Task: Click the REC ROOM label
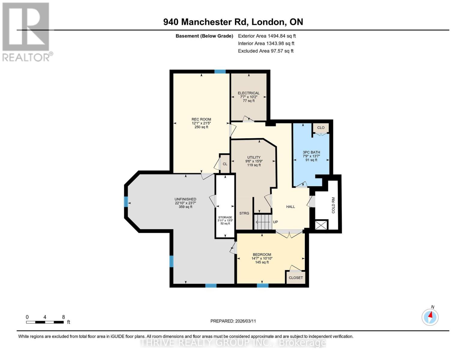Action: tap(201, 119)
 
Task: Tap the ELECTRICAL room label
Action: tap(248, 93)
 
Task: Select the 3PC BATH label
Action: tap(311, 152)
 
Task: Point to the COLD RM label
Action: tap(333, 205)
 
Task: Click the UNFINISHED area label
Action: tap(185, 199)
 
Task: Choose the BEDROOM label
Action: tap(262, 254)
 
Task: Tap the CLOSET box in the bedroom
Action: tap(296, 278)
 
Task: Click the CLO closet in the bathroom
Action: tap(321, 128)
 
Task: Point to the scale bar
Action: tap(45, 322)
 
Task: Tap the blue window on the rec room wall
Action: tap(220, 72)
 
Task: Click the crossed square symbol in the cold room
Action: tap(321, 225)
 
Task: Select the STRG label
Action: tap(244, 213)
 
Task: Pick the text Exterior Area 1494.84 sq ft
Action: tap(267, 36)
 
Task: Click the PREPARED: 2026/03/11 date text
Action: tap(233, 321)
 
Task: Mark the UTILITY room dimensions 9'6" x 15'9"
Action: tap(254, 161)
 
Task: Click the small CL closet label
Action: tap(225, 164)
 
